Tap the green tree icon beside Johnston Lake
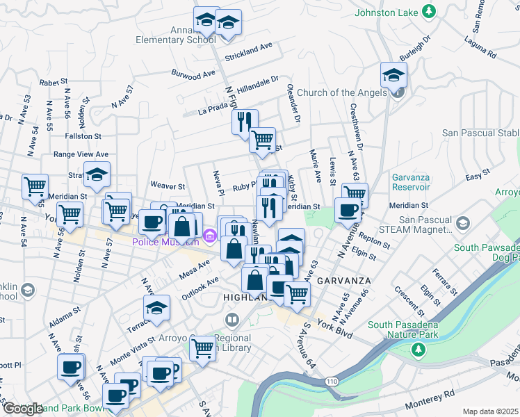[430, 11]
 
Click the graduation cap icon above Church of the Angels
[394, 74]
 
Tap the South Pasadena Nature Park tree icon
[417, 347]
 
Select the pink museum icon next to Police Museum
[209, 240]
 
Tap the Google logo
[22, 409]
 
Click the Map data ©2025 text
[489, 411]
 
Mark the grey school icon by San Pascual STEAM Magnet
[464, 223]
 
